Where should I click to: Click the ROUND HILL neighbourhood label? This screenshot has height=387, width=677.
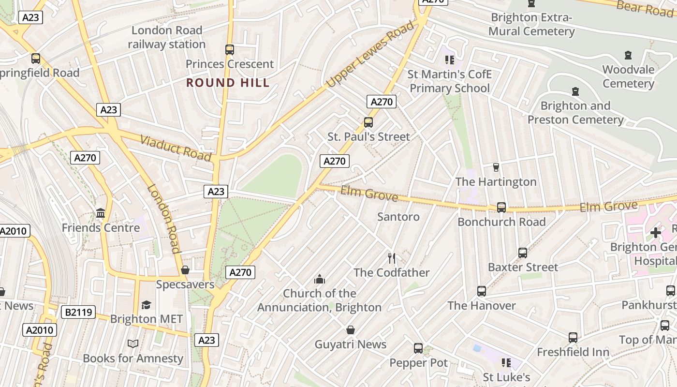228,83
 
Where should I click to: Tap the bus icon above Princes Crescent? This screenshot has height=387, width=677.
230,49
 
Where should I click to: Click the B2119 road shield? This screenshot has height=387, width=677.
78,312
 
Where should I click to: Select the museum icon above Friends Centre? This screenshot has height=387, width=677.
101,213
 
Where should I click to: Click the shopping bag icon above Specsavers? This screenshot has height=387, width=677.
185,270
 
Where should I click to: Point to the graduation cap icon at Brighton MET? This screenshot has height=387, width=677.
146,305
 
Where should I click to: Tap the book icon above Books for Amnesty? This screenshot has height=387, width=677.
133,344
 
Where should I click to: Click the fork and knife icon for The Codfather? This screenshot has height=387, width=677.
392,258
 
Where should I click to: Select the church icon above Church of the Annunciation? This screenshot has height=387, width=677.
319,279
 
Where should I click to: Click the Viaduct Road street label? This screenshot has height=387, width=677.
176,148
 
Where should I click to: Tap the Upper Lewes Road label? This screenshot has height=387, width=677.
370,54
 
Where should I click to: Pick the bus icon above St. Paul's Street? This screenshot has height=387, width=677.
368,122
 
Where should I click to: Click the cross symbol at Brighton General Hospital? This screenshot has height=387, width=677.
656,233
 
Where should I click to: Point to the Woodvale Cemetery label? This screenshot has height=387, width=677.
628,76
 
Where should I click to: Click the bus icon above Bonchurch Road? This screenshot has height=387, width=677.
501,208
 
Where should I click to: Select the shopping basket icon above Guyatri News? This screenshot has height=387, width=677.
351,330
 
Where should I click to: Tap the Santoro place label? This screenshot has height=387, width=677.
398,217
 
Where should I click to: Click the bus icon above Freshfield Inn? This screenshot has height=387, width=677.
573,337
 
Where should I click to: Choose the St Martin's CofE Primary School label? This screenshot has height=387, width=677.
449,81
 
